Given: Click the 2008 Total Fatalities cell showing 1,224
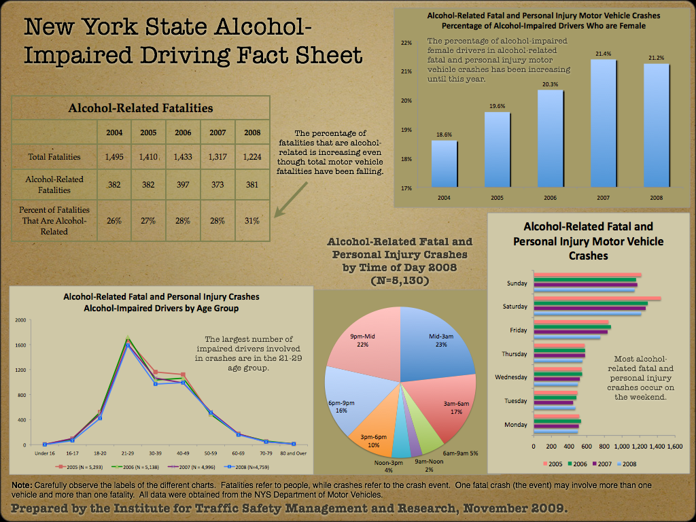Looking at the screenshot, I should (252, 157).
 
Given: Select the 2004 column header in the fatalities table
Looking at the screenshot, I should (115, 132).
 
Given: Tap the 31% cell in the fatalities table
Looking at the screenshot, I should (252, 220).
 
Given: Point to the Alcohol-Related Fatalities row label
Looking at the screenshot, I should (54, 184).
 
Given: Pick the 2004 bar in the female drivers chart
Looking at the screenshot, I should (445, 164).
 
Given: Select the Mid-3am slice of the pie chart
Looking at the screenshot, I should (435, 340).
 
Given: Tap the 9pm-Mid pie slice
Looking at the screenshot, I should (360, 340).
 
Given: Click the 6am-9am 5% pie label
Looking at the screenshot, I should (459, 453).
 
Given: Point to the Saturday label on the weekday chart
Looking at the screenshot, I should (515, 307).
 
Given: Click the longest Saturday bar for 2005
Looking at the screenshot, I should (597, 298).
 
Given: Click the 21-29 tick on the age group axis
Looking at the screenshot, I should (128, 452).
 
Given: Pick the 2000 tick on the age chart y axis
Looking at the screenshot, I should (20, 320).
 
